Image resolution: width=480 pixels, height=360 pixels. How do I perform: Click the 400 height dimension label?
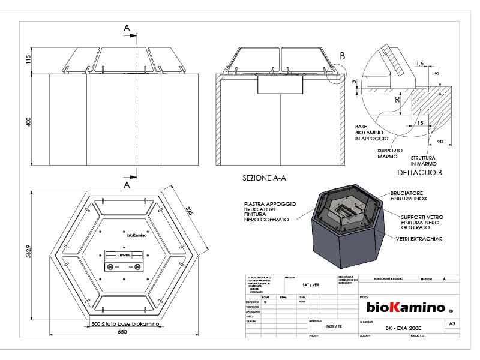pos(28,121)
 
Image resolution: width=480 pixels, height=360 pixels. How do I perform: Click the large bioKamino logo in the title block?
pos(406,308)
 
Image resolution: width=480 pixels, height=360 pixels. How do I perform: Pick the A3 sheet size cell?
pos(451,323)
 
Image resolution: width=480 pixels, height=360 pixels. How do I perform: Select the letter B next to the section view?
pos(342,56)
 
